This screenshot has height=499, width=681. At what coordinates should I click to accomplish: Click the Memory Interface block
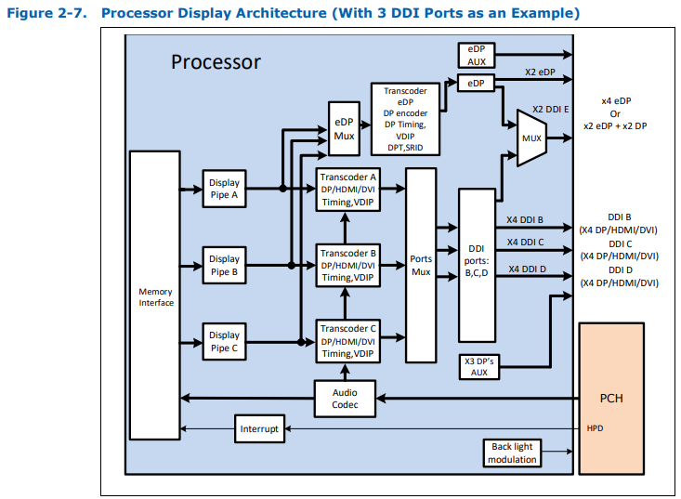click(x=155, y=296)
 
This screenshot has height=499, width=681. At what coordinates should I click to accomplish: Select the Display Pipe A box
click(x=224, y=189)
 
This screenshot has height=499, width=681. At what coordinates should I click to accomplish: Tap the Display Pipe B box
click(x=224, y=265)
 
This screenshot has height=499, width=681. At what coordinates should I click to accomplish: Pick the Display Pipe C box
click(x=224, y=341)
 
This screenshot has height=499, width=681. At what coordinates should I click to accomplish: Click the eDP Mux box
click(x=344, y=128)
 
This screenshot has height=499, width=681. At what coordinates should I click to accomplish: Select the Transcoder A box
click(x=347, y=189)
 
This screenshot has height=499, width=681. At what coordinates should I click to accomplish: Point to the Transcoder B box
click(x=347, y=265)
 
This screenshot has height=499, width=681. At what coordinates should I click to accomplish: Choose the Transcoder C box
click(x=347, y=341)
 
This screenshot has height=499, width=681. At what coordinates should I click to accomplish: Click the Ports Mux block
click(x=421, y=265)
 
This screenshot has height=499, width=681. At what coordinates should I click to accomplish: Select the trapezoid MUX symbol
click(x=531, y=138)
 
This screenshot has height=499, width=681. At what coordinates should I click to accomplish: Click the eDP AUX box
click(x=477, y=55)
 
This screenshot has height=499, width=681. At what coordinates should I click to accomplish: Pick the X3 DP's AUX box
click(x=479, y=366)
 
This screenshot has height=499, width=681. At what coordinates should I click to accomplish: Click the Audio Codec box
click(x=344, y=399)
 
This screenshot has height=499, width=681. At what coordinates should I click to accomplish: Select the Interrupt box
click(x=259, y=429)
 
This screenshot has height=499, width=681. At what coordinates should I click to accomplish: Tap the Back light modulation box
click(x=512, y=453)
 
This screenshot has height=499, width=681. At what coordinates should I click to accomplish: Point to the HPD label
click(x=596, y=429)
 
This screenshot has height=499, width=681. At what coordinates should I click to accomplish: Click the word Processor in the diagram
click(x=216, y=62)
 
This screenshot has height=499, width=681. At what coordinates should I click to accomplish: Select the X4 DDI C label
click(x=525, y=243)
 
